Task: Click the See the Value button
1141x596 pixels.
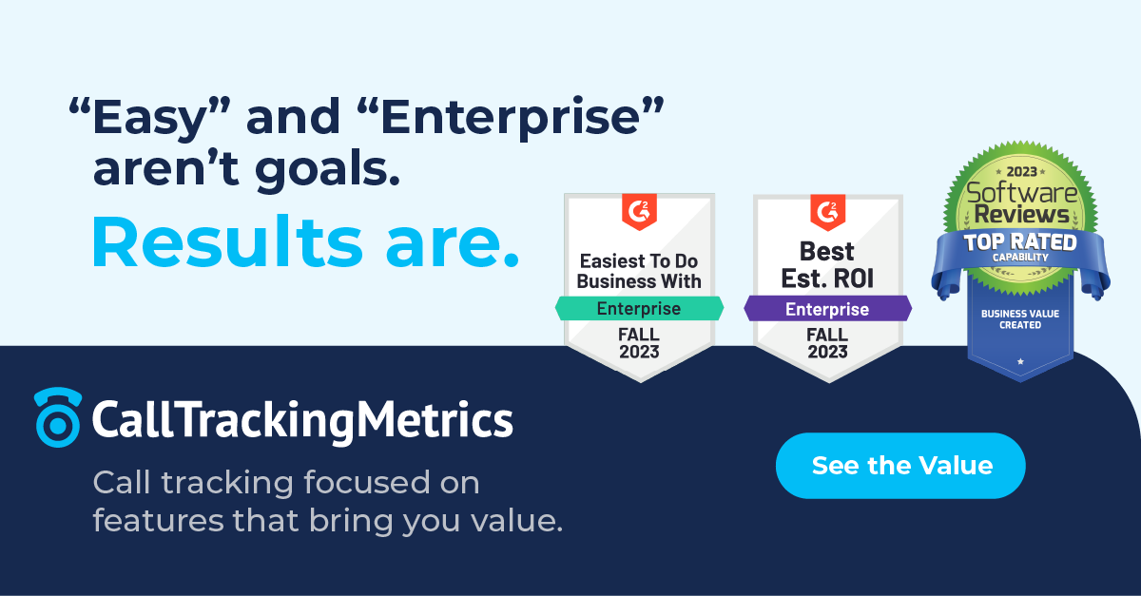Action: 900,466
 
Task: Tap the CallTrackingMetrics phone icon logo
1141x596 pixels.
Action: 57,416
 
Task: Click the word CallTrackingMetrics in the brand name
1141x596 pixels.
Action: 302,419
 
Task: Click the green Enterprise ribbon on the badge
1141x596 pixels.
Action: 639,308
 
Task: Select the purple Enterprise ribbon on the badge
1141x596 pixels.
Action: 827,308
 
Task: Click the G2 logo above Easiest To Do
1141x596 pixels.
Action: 639,211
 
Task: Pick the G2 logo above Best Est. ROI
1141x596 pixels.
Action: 827,211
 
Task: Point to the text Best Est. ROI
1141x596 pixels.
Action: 827,266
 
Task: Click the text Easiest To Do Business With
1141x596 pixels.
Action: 639,271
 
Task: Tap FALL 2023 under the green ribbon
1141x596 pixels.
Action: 639,343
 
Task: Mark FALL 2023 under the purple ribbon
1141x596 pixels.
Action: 827,343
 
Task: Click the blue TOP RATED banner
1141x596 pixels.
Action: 1019,244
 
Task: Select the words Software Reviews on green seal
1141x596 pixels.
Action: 1020,202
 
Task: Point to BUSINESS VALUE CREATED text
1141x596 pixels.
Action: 1019,318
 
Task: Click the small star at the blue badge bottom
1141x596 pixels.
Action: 1020,361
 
